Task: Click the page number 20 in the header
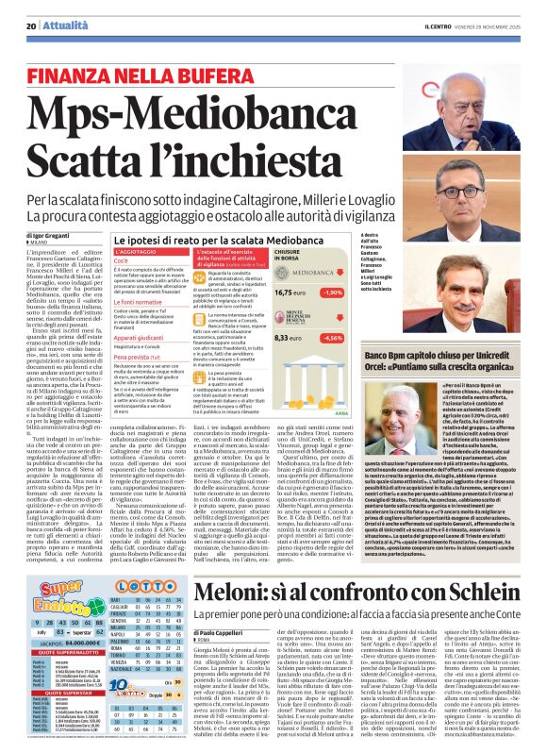pos(31,25)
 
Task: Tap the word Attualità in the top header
pos(59,25)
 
